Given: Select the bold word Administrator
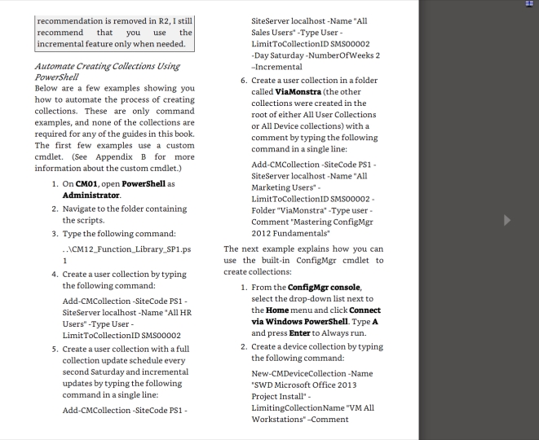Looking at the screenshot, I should (91, 196).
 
